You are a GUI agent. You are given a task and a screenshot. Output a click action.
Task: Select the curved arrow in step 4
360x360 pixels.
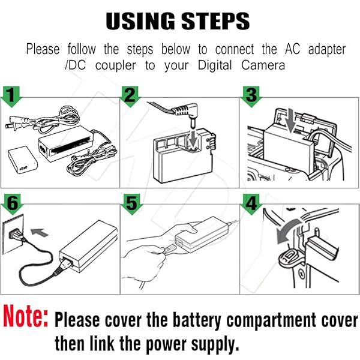282,232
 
